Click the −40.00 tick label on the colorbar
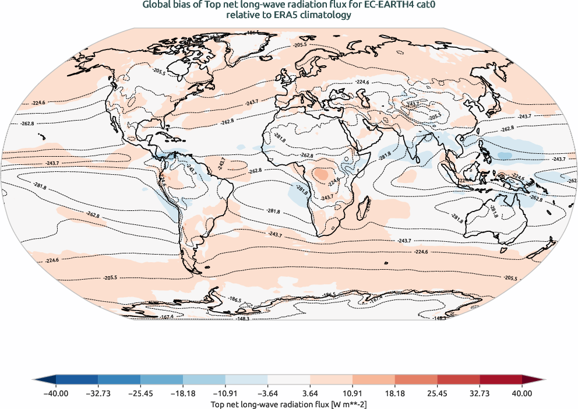click(x=56, y=393)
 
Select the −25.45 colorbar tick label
click(x=140, y=393)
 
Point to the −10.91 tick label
click(x=225, y=393)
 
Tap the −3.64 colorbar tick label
click(x=268, y=393)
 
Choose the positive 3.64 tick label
click(x=311, y=393)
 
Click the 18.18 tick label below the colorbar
click(x=395, y=393)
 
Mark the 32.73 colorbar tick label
click(x=480, y=393)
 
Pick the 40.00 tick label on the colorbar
click(x=522, y=393)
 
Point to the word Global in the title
click(x=156, y=5)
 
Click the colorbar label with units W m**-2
click(x=288, y=403)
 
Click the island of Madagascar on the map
click(x=366, y=205)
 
